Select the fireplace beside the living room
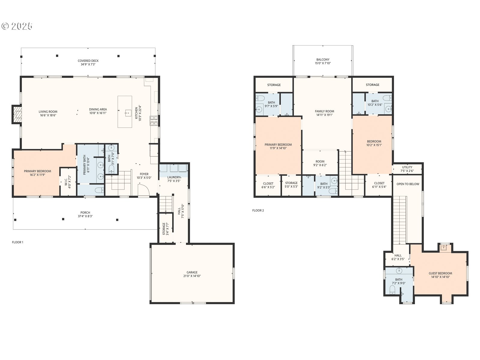pyautogui.click(x=17, y=114)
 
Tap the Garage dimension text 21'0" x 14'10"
pyautogui.click(x=192, y=276)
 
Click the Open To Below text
pyautogui.click(x=408, y=184)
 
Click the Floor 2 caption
pyautogui.click(x=258, y=211)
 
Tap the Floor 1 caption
pyautogui.click(x=17, y=242)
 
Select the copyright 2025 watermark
pyautogui.click(x=17, y=26)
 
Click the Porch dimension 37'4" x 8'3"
pyautogui.click(x=85, y=216)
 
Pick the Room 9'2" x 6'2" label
pyautogui.click(x=320, y=163)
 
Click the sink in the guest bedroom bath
pyautogui.click(x=399, y=271)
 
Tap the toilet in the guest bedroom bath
pyautogui.click(x=392, y=290)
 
